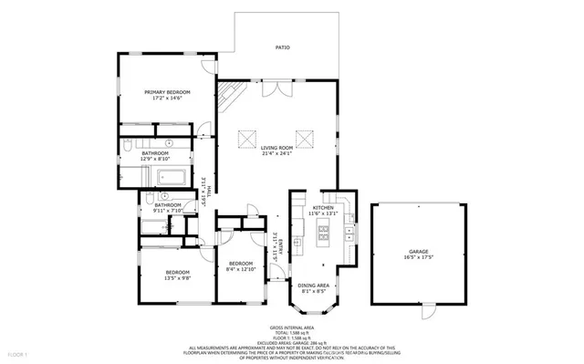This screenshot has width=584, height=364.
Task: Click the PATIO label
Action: tap(284, 47)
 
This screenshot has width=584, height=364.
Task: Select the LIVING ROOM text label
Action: tap(276, 147)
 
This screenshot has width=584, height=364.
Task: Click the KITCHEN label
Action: tap(324, 208)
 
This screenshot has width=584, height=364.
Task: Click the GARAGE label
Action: tap(420, 251)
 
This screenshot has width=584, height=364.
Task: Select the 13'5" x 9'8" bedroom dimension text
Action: tap(177, 279)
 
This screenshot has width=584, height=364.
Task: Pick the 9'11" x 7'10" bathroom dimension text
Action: tap(168, 211)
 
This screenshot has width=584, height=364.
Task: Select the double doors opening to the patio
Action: tap(285, 91)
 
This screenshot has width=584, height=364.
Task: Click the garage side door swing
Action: tap(422, 312)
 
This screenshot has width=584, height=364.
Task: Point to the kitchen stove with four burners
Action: tap(323, 235)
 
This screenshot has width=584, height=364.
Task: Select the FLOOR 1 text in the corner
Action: tap(19, 353)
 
